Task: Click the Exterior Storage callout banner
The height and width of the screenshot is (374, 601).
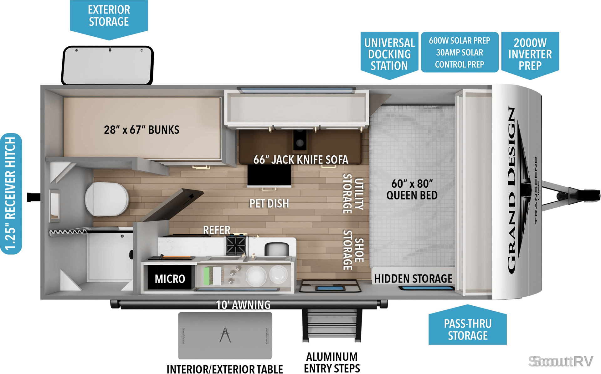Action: point(109,17)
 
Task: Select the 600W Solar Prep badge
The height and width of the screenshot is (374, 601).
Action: point(460,52)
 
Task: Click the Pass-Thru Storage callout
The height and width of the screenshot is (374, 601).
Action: point(468,326)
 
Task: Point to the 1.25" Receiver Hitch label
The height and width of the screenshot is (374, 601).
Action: point(11,194)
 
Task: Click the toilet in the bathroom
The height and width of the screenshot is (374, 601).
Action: point(107,199)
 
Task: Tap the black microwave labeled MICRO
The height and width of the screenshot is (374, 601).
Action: point(169,278)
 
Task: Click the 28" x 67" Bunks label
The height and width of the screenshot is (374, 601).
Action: point(141,130)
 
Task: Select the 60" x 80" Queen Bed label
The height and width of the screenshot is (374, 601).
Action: point(412,189)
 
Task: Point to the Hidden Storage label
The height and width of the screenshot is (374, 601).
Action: point(413,278)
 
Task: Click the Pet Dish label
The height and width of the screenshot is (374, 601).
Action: point(269,204)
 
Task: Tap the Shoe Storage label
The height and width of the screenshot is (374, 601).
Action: point(353,250)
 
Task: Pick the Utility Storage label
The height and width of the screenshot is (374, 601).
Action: point(353,194)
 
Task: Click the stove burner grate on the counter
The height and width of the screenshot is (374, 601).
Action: point(236,246)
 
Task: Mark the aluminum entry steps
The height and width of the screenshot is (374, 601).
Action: point(332,325)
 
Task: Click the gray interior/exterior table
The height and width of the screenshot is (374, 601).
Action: point(225,335)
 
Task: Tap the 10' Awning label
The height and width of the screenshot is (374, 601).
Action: point(243,305)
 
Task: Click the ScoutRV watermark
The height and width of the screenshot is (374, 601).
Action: point(561,361)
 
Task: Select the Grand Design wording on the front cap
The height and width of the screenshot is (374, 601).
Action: point(511,190)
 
